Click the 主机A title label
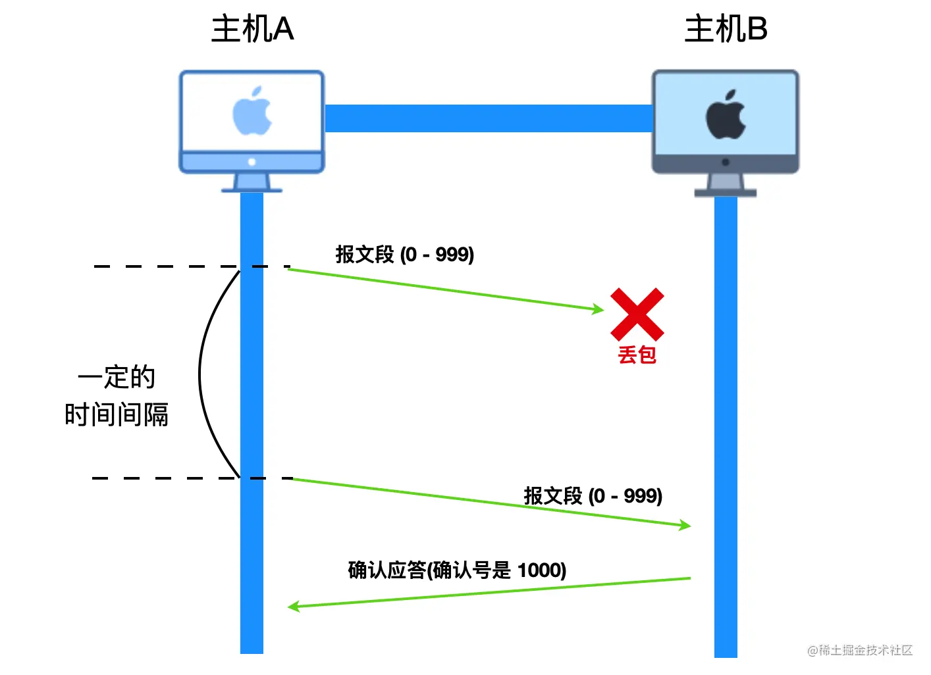pyautogui.click(x=252, y=30)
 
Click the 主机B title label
pyautogui.click(x=726, y=30)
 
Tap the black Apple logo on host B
pyautogui.click(x=726, y=115)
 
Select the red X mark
pyautogui.click(x=637, y=314)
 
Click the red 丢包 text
pyautogui.click(x=637, y=355)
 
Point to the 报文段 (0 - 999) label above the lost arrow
pyautogui.click(x=405, y=255)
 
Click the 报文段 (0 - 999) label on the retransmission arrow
pyautogui.click(x=593, y=496)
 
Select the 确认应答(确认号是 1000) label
pyautogui.click(x=457, y=570)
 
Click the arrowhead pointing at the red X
pyautogui.click(x=598, y=309)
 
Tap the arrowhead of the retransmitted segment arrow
pyautogui.click(x=685, y=525)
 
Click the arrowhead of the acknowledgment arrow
pyautogui.click(x=294, y=606)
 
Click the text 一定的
pyautogui.click(x=117, y=378)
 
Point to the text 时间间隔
pyautogui.click(x=117, y=415)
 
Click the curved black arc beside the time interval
pyautogui.click(x=200, y=374)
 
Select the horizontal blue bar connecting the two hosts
pyautogui.click(x=488, y=118)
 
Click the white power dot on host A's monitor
pyautogui.click(x=252, y=162)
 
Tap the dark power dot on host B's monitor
pyautogui.click(x=726, y=162)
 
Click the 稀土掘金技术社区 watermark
pyautogui.click(x=860, y=651)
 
